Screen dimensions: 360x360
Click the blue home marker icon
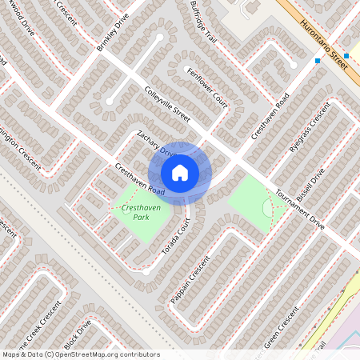180,173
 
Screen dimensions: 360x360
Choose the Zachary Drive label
155,142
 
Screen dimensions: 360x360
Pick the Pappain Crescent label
190,281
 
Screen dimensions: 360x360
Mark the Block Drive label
78,336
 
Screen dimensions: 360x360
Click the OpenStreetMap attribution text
80,354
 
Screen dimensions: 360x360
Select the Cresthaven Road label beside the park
140,181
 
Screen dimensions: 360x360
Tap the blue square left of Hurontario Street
318,61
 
